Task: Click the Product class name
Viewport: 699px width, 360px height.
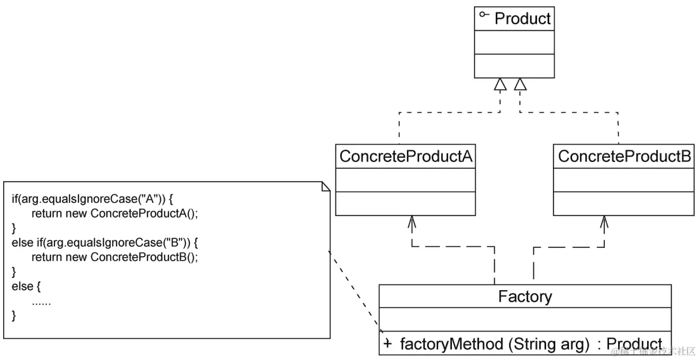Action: click(x=522, y=19)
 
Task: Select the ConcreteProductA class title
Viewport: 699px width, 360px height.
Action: click(x=406, y=157)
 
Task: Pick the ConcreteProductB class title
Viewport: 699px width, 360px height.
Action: click(x=623, y=157)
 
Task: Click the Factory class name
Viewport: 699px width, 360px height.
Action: click(x=525, y=296)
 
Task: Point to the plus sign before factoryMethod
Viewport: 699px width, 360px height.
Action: click(x=388, y=344)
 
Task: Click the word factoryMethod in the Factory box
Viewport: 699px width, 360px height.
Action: click(x=451, y=344)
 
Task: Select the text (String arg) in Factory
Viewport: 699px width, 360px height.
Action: click(x=549, y=344)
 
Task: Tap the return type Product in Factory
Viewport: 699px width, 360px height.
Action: click(x=634, y=344)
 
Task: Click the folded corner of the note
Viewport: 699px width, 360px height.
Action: click(x=325, y=187)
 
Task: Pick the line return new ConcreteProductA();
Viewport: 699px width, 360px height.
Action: click(x=117, y=213)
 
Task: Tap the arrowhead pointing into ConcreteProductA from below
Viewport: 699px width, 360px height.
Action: click(x=411, y=221)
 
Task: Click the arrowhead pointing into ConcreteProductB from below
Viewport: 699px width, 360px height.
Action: click(x=604, y=221)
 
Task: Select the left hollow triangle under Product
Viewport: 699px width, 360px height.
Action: click(x=500, y=85)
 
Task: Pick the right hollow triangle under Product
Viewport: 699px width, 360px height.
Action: click(x=521, y=85)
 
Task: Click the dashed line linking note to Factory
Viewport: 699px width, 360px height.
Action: click(x=353, y=289)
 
